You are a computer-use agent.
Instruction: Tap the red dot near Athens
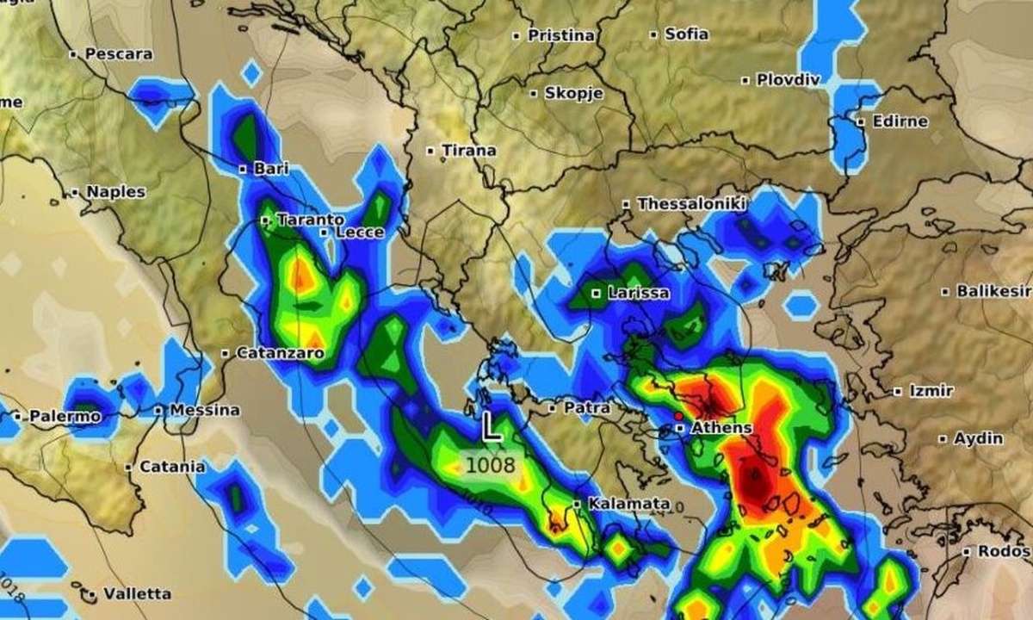678,415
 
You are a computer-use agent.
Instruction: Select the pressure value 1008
490,466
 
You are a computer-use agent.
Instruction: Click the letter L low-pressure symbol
491,427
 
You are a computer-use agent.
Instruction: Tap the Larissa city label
638,293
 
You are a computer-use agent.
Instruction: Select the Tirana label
468,151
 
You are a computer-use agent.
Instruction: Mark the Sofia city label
686,34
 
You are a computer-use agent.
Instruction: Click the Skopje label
573,93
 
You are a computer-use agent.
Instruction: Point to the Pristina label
560,35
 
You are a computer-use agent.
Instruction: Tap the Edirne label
900,121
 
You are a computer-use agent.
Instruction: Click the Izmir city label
931,391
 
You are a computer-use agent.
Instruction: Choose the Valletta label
136,593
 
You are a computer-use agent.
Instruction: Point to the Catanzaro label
279,353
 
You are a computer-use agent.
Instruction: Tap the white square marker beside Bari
243,169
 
